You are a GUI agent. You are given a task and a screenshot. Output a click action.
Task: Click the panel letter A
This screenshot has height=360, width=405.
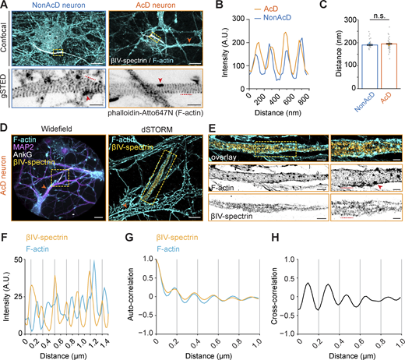(x=5, y=5)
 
